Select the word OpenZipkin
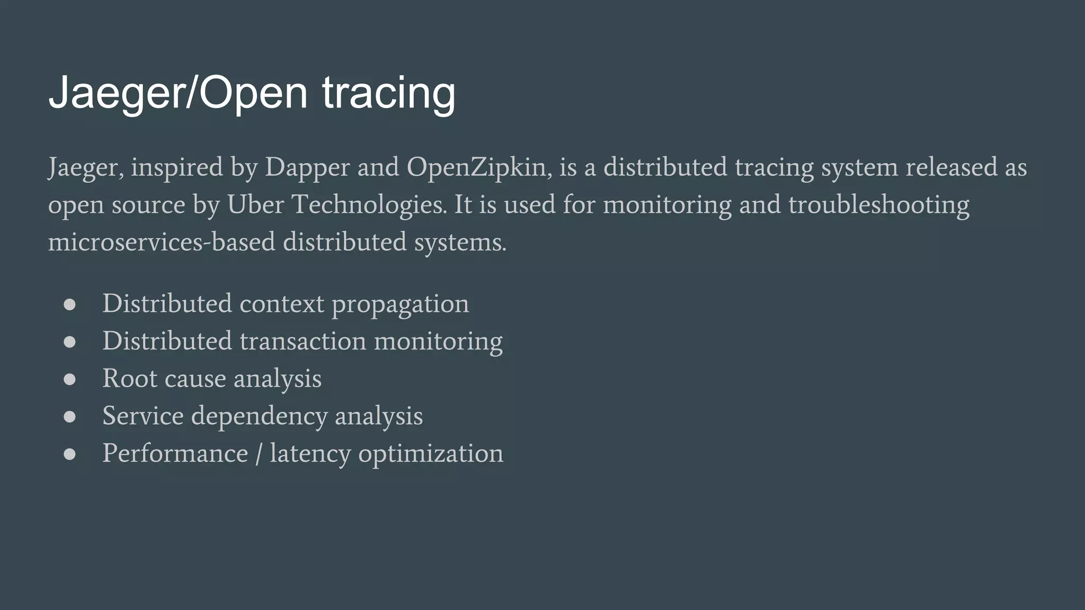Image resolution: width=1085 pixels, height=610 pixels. pos(477,168)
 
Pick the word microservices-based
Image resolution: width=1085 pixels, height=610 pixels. pos(162,242)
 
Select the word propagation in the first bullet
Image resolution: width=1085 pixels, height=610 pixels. pos(400,304)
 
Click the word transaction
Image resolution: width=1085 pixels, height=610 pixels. pos(303,340)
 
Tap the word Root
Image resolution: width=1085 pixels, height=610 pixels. pos(130,378)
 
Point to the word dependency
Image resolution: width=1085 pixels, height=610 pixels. pos(259,416)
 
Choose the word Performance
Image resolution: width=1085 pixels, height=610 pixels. pos(175,453)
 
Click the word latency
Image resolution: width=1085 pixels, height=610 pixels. pos(310,454)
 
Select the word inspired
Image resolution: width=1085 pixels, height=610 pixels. pos(177,168)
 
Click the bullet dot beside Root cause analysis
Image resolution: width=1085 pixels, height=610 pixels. pos(69,379)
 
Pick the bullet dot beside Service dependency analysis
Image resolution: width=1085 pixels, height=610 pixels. pos(69,417)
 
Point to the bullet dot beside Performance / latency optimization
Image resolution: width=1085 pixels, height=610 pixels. pos(69,454)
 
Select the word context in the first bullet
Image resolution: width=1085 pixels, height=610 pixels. pos(282,304)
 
